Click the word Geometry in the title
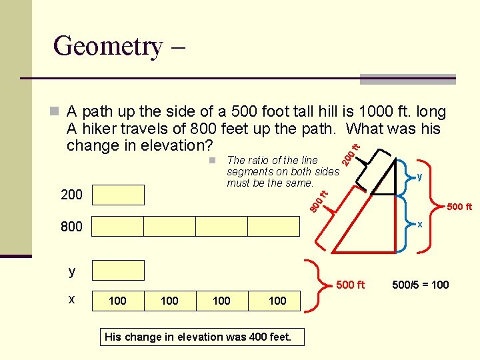click(107, 46)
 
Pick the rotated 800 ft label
click(320, 201)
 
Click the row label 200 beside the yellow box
click(71, 195)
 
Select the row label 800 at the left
click(71, 227)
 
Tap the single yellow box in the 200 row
click(118, 195)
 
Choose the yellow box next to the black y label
click(118, 270)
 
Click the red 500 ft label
click(459, 207)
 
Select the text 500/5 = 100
click(420, 285)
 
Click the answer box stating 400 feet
click(198, 337)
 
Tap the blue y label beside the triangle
click(419, 177)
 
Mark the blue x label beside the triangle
click(419, 224)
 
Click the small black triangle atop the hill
click(384, 177)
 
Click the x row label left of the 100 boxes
click(71, 299)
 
